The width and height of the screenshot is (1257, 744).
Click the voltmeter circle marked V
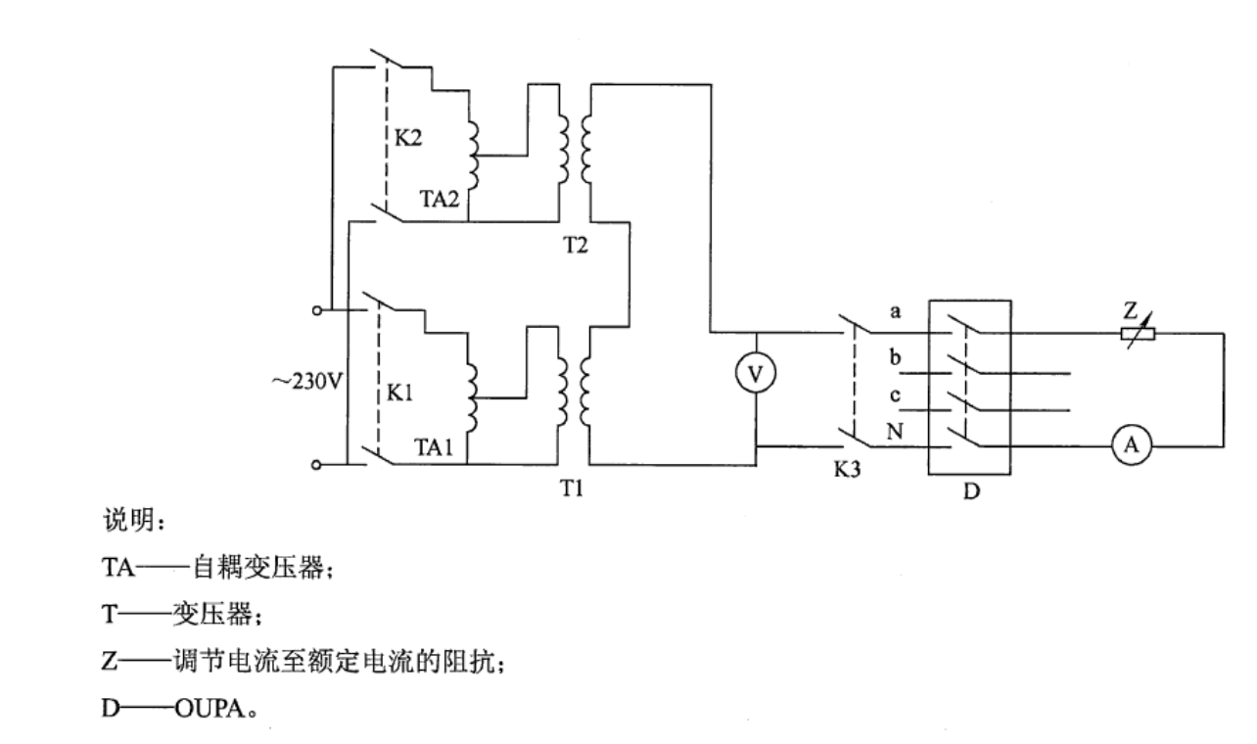click(x=756, y=373)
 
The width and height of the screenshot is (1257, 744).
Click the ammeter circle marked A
click(x=1132, y=445)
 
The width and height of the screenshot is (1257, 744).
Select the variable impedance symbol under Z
click(x=1138, y=334)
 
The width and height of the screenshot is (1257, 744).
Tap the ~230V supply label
click(x=307, y=382)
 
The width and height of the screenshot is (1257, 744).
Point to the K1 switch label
click(x=400, y=393)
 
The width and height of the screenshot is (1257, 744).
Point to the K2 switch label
click(x=408, y=137)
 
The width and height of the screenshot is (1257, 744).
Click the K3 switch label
click(x=847, y=469)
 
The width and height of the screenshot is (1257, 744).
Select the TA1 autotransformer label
click(x=434, y=447)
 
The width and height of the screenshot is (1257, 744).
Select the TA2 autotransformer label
click(x=440, y=199)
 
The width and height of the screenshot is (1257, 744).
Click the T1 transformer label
click(x=573, y=488)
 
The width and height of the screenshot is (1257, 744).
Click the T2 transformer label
click(x=576, y=245)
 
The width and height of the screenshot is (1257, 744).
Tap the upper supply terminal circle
click(x=317, y=310)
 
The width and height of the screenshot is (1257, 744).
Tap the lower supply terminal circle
click(x=316, y=465)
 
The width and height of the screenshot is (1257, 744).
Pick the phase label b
click(x=895, y=356)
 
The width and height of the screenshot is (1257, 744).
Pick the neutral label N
click(x=895, y=432)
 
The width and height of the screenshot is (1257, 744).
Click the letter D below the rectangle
click(x=971, y=491)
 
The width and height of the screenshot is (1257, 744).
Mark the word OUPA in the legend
click(x=210, y=709)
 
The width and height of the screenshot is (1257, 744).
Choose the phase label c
click(x=895, y=395)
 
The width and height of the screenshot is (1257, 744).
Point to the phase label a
click(x=895, y=311)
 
